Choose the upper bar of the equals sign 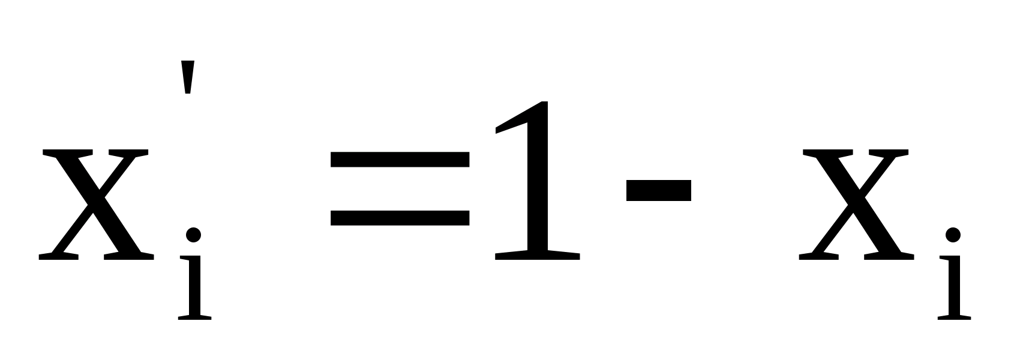(400, 159)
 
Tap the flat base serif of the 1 (538, 255)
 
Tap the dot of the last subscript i (954, 235)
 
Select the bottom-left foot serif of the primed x (58, 256)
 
